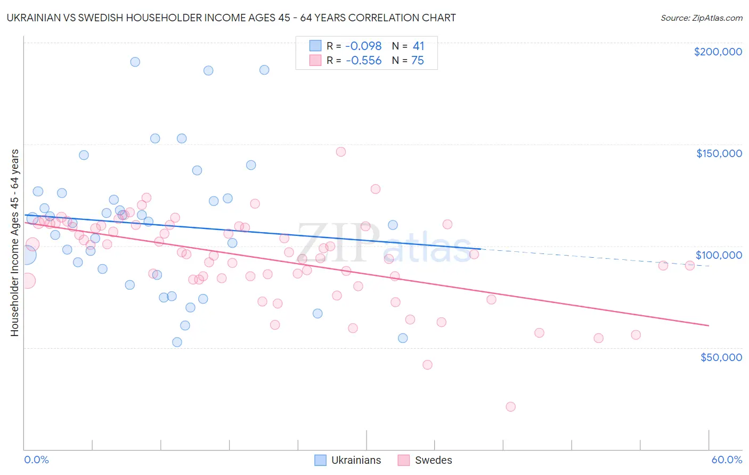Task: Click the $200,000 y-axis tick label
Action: (x=718, y=52)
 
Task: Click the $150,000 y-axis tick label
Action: (x=719, y=153)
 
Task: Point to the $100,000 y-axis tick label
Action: (x=719, y=255)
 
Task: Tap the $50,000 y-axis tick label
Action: (x=721, y=357)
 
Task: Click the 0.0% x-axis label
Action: (x=36, y=460)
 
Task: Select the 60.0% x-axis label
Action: (x=727, y=460)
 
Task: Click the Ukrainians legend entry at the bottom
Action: (x=356, y=460)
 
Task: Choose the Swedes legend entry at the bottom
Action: (x=433, y=460)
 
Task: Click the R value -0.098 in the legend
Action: (x=364, y=46)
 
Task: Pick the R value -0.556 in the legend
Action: (x=364, y=61)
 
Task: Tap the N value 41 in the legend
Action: (x=418, y=46)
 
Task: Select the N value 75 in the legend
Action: (x=418, y=61)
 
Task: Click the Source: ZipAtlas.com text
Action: (x=701, y=18)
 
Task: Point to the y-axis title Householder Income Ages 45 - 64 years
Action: (x=14, y=243)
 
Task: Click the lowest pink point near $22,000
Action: (x=510, y=407)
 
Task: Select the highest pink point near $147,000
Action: (x=341, y=152)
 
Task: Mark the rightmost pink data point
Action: (x=689, y=266)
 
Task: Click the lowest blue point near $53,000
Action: (x=177, y=342)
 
